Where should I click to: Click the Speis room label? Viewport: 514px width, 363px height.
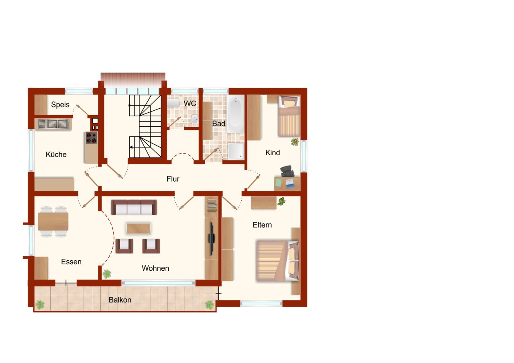click(x=60, y=105)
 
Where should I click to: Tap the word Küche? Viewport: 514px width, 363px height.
click(x=56, y=154)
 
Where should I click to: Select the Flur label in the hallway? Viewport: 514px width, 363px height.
click(x=173, y=179)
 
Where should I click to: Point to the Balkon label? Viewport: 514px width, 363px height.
click(x=120, y=300)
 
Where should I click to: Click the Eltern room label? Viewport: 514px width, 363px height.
click(x=262, y=225)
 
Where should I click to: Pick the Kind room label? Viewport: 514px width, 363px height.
click(x=273, y=153)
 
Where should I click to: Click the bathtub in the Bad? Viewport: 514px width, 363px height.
click(x=235, y=114)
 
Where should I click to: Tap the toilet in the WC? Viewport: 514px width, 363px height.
click(x=173, y=103)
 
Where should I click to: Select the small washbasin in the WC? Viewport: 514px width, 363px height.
click(x=195, y=119)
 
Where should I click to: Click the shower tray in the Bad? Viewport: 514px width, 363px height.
click(x=236, y=151)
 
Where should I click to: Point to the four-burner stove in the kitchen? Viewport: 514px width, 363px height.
click(x=92, y=138)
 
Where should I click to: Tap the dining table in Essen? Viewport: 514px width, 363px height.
click(x=53, y=221)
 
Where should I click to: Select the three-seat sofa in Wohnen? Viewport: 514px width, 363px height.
click(x=134, y=207)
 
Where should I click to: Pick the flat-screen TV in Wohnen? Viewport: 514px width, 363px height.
click(x=211, y=239)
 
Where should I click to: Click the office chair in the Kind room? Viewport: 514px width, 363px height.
click(x=287, y=171)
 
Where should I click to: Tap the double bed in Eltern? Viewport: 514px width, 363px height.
click(x=277, y=261)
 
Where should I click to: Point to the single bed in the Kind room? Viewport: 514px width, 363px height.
click(x=289, y=116)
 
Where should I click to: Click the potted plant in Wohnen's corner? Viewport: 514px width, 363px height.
click(x=107, y=274)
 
